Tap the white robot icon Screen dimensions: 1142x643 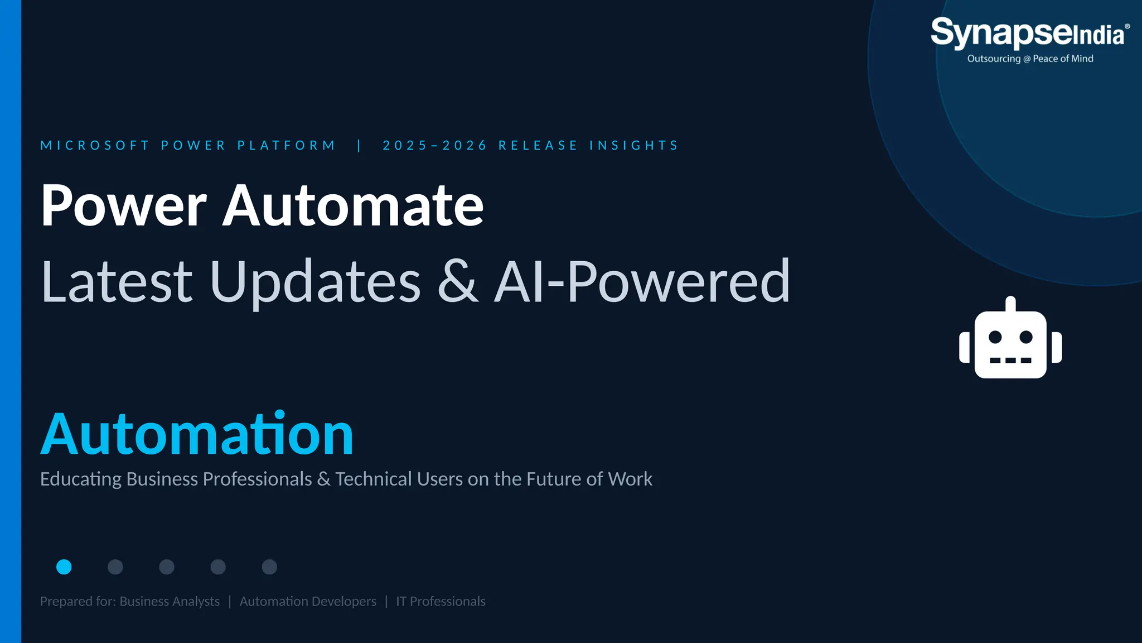(x=1010, y=338)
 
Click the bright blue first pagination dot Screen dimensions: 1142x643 (x=64, y=567)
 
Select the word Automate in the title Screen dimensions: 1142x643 (x=353, y=205)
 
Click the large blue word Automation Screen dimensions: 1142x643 (x=197, y=434)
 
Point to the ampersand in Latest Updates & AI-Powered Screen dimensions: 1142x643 (x=458, y=281)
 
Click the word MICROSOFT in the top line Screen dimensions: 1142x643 (x=95, y=146)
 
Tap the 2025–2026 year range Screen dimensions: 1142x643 (x=435, y=146)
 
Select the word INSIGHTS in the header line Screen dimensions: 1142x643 (x=634, y=146)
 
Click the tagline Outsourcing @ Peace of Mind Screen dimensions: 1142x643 (x=1030, y=59)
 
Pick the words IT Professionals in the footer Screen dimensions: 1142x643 (x=441, y=601)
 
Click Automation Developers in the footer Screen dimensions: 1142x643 (x=308, y=601)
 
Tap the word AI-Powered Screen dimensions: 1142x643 (x=642, y=282)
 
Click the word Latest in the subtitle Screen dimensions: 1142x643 (x=117, y=281)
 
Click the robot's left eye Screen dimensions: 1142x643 (x=995, y=337)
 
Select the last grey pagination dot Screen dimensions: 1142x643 (x=269, y=567)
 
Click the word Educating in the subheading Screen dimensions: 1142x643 (x=81, y=479)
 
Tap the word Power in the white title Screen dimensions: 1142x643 (x=124, y=205)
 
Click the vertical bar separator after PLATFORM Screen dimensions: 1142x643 (x=359, y=146)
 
